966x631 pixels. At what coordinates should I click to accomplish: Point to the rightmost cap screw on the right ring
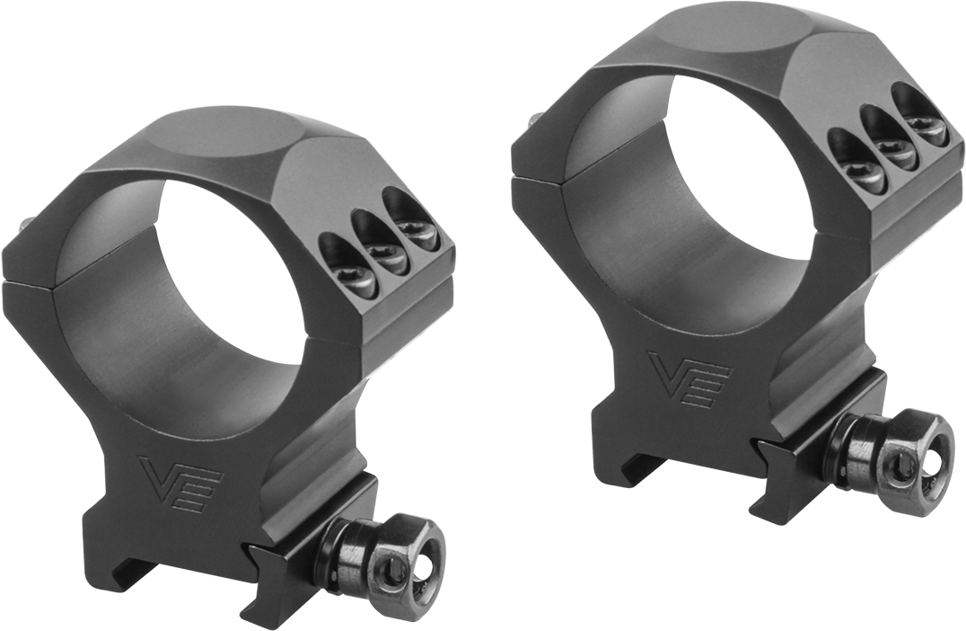pos(925,129)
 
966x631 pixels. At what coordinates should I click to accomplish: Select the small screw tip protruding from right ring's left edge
pos(535,119)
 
